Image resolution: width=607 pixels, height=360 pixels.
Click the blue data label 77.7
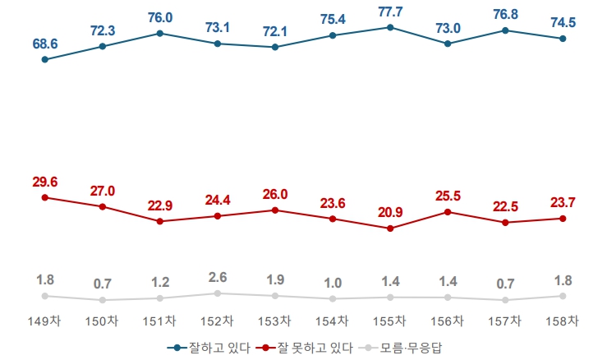coord(389,12)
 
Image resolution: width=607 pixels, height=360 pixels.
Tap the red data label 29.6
coord(44,182)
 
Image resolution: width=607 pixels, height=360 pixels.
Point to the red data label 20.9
coord(389,213)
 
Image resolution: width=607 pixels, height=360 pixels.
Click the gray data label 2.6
coord(218,277)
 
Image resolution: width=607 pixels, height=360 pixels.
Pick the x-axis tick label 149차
coord(44,321)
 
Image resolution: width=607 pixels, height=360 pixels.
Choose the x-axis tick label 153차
coord(274,321)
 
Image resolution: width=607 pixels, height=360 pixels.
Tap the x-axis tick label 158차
coord(563,321)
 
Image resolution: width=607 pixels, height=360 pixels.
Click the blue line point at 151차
coord(159,34)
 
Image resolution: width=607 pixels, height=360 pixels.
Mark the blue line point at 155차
coord(389,27)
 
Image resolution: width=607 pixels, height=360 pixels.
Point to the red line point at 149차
coord(44,197)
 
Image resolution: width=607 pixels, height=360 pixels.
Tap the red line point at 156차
coord(448,212)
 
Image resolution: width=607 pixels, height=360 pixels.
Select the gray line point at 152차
coord(218,293)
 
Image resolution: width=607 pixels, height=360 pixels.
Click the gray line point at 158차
coord(563,296)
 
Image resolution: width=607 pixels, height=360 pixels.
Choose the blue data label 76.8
coord(505,15)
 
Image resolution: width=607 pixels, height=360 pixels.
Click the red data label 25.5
coord(448,196)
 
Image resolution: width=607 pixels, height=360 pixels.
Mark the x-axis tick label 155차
coord(389,321)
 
